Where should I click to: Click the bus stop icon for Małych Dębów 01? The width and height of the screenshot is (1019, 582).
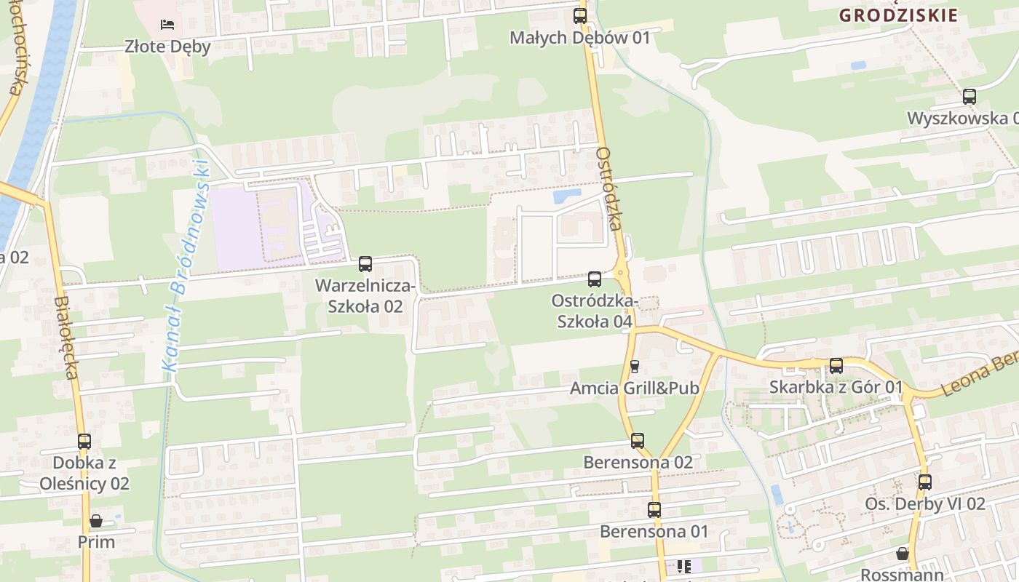point(580,15)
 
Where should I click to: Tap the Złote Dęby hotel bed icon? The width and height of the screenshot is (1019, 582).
point(167,25)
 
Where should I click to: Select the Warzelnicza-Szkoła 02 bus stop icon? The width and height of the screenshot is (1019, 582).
point(365,264)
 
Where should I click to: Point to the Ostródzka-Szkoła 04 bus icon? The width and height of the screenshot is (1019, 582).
point(595,279)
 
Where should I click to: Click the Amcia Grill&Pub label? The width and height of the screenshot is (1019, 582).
point(634,388)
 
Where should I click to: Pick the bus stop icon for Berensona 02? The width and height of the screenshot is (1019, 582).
point(638,441)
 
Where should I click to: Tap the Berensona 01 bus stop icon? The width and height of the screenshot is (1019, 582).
point(654,510)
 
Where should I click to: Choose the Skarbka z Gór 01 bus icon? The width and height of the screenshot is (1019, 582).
point(836,366)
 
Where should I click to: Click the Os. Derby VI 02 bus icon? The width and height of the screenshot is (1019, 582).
point(924,482)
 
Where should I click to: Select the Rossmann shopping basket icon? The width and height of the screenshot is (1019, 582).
point(903,554)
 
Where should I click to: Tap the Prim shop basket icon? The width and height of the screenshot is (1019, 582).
point(96,522)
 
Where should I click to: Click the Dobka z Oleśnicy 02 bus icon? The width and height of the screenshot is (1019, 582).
point(84,442)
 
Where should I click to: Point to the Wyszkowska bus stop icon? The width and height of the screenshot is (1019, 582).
point(969,97)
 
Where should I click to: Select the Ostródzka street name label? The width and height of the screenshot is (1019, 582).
point(609,189)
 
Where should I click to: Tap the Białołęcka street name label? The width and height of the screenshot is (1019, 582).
point(66,337)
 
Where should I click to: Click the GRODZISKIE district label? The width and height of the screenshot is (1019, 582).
point(898,15)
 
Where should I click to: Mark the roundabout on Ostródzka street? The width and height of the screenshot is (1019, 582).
point(621,274)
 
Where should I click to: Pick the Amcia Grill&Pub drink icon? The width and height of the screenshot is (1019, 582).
point(634,366)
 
